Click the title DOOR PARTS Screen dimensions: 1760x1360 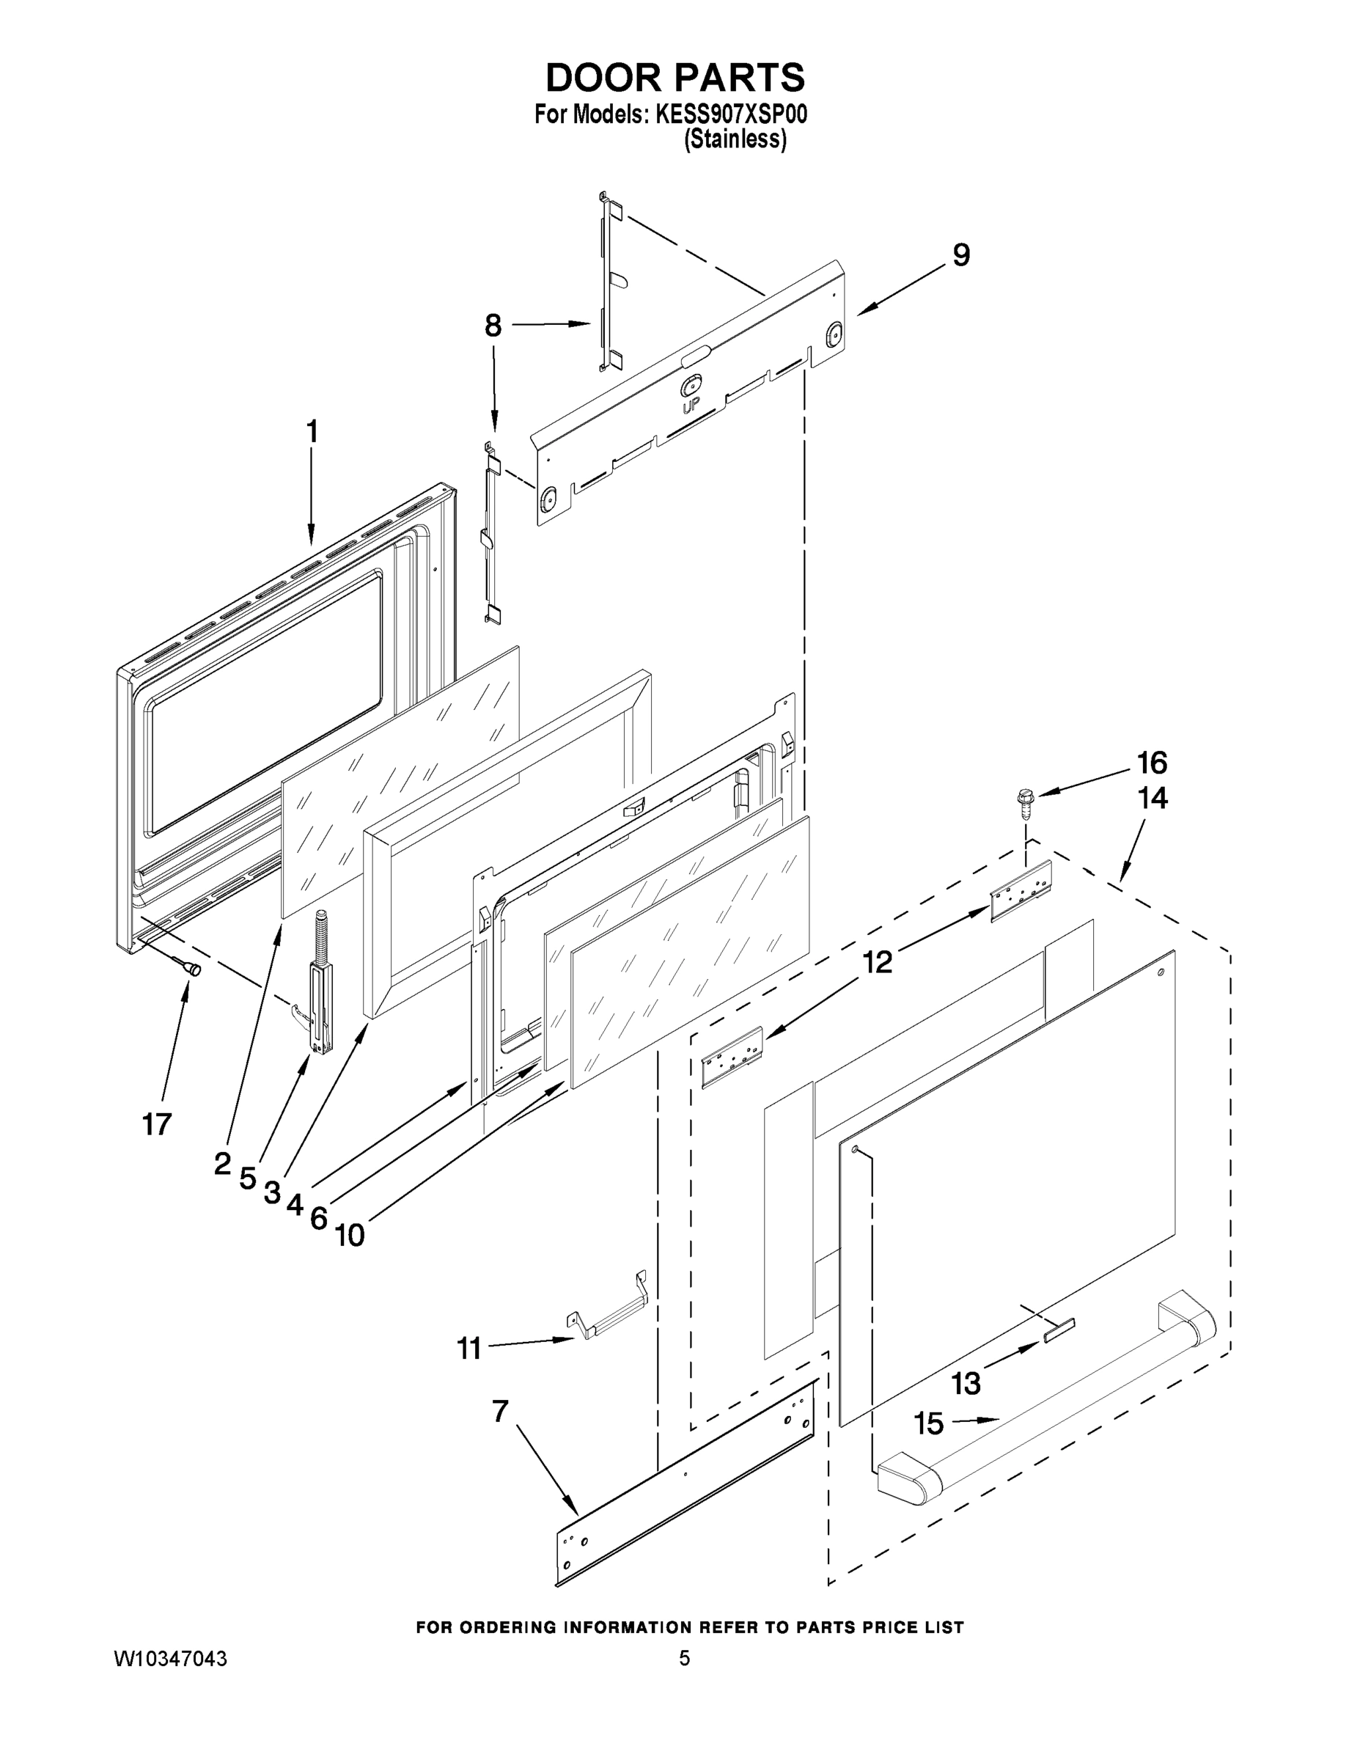pos(675,78)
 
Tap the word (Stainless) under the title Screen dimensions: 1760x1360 pos(735,139)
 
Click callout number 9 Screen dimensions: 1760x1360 pos(961,255)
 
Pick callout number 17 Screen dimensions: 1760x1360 pos(157,1123)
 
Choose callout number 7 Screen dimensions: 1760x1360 pos(499,1411)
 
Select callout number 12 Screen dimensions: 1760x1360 pos(878,961)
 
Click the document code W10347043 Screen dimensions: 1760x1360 pos(170,1660)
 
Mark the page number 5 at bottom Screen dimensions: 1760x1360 pos(684,1659)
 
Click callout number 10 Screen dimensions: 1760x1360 pos(350,1235)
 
